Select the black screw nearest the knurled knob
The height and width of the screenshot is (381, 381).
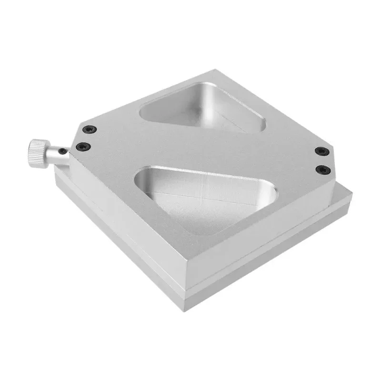click(x=83, y=146)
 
